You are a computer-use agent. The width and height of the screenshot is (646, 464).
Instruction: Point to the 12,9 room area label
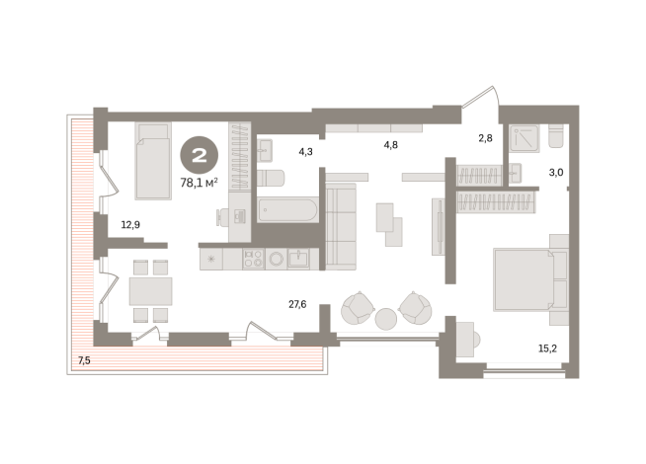130,225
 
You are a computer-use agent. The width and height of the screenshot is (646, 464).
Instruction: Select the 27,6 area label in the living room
296,305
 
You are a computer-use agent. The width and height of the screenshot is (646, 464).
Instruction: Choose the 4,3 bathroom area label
306,151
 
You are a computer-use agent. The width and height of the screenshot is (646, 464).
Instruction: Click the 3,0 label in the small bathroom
557,172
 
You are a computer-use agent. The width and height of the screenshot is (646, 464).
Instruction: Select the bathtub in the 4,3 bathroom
287,209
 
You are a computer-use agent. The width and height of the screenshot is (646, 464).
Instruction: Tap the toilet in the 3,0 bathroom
554,134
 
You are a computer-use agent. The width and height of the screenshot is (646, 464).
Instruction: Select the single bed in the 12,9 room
152,160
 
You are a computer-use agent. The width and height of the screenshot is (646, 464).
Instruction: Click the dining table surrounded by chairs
149,290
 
